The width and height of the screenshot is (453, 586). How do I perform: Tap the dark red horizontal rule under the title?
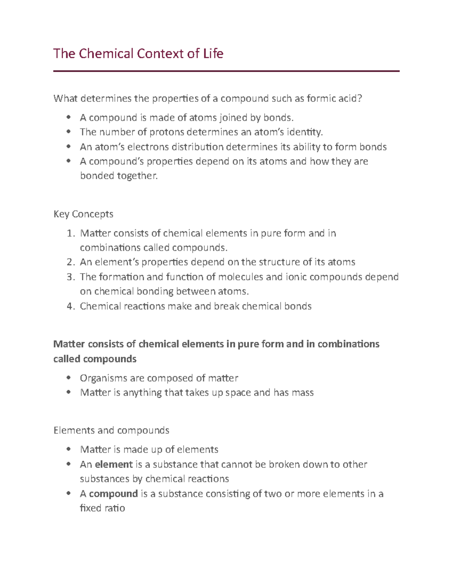pyautogui.click(x=226, y=71)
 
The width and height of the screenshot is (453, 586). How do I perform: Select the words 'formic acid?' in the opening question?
pyautogui.click(x=334, y=98)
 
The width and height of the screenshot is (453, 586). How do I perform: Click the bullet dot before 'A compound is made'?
pyautogui.click(x=68, y=117)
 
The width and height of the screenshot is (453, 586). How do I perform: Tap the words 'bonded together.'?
pyautogui.click(x=119, y=176)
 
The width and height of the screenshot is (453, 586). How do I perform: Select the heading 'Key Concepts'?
pyautogui.click(x=83, y=214)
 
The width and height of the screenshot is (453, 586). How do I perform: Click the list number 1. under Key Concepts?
pyautogui.click(x=71, y=233)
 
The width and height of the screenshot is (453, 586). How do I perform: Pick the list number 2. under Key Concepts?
pyautogui.click(x=71, y=262)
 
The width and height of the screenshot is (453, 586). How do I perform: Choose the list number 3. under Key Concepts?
pyautogui.click(x=71, y=277)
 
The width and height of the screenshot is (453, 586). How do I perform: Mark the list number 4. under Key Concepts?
pyautogui.click(x=71, y=306)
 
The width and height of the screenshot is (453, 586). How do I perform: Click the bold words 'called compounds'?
pyautogui.click(x=95, y=358)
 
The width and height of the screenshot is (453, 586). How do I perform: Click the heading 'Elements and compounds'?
pyautogui.click(x=111, y=430)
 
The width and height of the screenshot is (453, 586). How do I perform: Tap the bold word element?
pyautogui.click(x=114, y=464)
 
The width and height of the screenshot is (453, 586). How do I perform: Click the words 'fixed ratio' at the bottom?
pyautogui.click(x=102, y=508)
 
